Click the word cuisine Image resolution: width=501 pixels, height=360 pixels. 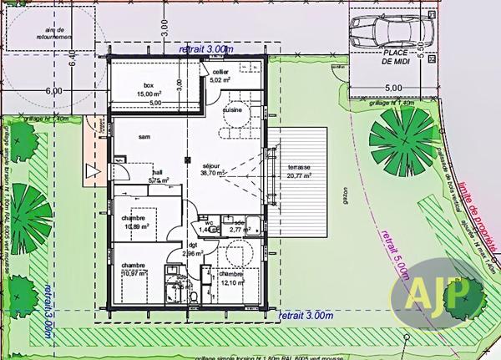(x=232, y=109)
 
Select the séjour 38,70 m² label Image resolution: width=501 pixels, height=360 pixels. (x=215, y=168)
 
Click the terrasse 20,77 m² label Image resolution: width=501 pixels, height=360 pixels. (x=298, y=171)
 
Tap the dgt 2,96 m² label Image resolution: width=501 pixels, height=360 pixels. (x=192, y=250)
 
